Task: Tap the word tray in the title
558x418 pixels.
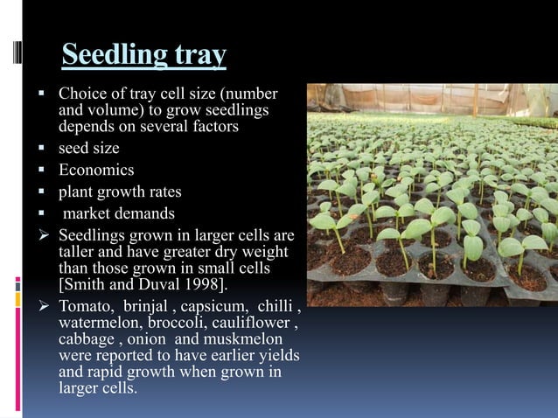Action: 200,56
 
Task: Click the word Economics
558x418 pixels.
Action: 96,170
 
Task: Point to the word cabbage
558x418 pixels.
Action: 86,340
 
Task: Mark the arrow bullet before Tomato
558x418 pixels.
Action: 40,307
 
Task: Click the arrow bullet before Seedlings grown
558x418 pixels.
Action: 40,236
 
